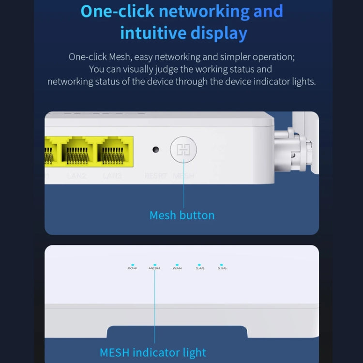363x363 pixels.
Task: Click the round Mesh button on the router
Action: [183, 150]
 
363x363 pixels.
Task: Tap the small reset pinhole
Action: [155, 150]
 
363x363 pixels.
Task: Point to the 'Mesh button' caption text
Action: [181, 215]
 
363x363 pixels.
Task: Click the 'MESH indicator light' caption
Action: [153, 352]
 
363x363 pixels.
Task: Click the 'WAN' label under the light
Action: [177, 269]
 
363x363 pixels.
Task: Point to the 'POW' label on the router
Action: [132, 269]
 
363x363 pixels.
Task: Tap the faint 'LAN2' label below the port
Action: [77, 176]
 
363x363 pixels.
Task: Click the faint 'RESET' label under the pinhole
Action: [155, 176]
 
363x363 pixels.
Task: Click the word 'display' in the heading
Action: [223, 33]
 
